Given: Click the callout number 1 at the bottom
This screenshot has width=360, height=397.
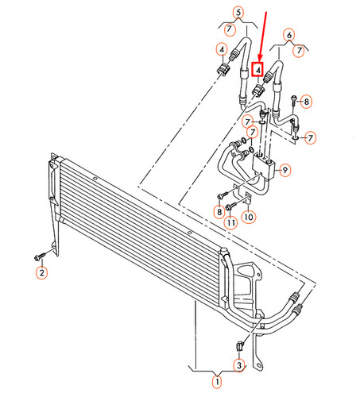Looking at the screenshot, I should coord(213,382).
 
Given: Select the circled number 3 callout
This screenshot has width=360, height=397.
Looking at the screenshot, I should coord(238,364).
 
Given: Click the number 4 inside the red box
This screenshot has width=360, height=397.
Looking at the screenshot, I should coord(256,69).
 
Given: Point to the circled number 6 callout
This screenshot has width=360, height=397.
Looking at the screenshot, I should coord(288,35).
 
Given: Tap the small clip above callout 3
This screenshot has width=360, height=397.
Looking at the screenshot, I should coord(237,345).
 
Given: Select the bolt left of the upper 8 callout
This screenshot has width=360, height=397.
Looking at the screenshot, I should coord(293,100).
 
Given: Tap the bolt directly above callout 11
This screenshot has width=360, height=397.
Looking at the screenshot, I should coord(229,207).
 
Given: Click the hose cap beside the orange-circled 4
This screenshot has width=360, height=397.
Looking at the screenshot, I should coord(222,70).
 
